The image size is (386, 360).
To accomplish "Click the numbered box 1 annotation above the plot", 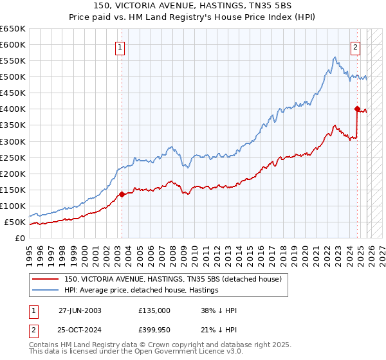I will (x=122, y=46).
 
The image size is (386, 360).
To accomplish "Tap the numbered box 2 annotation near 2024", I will (x=356, y=46).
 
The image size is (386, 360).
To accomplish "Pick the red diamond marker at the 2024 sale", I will (x=357, y=109).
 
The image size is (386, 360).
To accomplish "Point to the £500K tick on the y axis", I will (x=13, y=77).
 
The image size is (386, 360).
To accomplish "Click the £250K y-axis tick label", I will (x=13, y=157).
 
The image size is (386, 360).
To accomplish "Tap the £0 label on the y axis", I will (x=20, y=239).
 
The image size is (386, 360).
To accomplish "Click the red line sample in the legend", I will (x=46, y=280).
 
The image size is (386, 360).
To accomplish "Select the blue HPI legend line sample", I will (x=46, y=291).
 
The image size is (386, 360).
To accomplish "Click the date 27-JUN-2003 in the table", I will (x=80, y=310).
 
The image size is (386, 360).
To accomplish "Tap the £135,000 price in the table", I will (x=154, y=310).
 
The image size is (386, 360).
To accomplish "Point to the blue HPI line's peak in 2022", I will (x=335, y=58).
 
